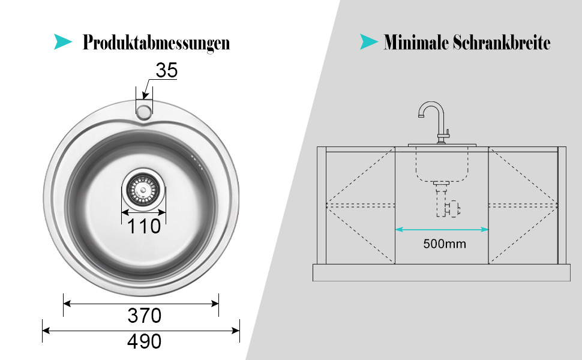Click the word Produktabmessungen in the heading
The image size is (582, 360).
coord(156,43)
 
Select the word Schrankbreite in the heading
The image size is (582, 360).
coord(502,42)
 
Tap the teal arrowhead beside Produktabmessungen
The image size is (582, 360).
coord(63,41)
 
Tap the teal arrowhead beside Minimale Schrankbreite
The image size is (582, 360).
coord(368,41)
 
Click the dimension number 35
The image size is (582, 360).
coord(167,70)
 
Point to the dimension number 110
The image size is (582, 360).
coord(143,226)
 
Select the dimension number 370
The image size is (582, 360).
coord(145,316)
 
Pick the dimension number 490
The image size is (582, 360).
coord(145,341)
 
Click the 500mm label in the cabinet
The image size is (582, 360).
coord(444,244)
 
